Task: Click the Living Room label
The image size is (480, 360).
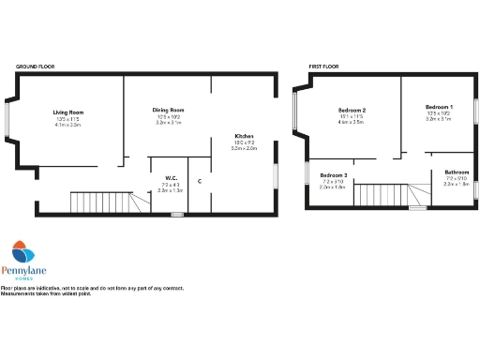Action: pos(68,112)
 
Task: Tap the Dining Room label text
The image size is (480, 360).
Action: pos(168,111)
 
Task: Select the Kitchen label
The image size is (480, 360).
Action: pos(245,137)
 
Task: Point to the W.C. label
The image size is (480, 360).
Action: pos(172,178)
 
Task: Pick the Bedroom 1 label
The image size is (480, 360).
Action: pos(439,108)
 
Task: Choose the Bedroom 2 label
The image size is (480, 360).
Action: pos(352,111)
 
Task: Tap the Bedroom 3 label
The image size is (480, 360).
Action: pos(333,175)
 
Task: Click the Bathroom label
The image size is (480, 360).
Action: pos(457,172)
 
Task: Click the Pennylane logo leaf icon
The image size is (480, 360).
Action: pos(23,251)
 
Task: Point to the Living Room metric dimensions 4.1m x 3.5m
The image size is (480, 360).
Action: pos(68,124)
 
